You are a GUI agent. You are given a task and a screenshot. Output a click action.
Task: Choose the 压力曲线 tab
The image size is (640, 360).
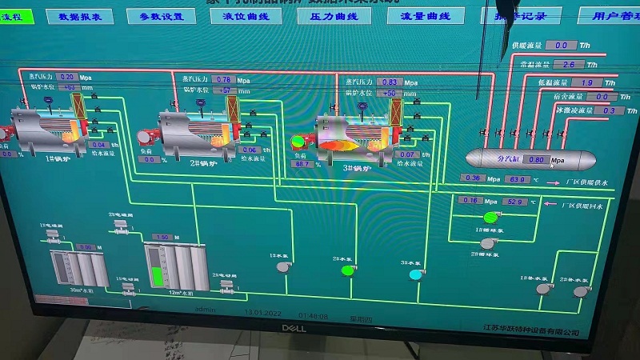click(x=327, y=16)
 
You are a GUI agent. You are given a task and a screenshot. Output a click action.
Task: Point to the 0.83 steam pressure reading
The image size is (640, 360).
click(x=390, y=82)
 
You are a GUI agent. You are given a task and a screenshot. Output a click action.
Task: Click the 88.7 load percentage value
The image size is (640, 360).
click(x=302, y=164)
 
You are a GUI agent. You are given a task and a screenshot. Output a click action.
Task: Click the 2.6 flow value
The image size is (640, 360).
click(x=569, y=64)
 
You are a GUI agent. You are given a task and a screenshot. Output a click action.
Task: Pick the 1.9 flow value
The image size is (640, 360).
click(x=586, y=82)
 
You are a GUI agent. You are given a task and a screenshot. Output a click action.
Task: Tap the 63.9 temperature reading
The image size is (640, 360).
click(x=517, y=179)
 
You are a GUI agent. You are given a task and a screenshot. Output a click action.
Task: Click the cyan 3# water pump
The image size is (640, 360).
click(x=414, y=274)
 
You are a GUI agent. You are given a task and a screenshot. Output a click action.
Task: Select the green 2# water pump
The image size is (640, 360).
click(x=347, y=270)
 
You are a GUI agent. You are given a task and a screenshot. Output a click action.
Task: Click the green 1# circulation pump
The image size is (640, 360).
click(x=490, y=217)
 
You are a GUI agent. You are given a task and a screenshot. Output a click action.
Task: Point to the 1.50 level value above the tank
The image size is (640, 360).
click(x=162, y=238)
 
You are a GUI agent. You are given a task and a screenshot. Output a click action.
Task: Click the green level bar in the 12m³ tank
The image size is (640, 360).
click(x=156, y=276)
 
